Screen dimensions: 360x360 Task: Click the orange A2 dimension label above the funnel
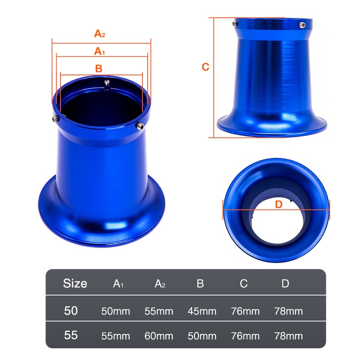coord(99,34)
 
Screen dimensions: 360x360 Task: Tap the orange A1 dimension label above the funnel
coord(99,51)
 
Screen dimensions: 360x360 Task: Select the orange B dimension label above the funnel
coord(99,68)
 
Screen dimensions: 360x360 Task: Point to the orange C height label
coord(205,67)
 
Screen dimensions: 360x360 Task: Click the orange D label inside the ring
coord(278,204)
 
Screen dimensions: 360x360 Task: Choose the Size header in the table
coord(75,283)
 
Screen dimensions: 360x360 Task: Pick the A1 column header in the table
coord(118,284)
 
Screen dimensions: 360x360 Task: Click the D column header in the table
coord(285,283)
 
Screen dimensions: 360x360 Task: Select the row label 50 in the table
coord(71,311)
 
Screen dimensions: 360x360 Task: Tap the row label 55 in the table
coord(71,336)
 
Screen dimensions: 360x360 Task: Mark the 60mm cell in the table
coord(159,336)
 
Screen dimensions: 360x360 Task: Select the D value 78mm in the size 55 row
coord(288,336)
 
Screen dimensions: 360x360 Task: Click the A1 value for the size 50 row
coord(116,311)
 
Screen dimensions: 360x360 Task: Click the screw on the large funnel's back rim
coord(107,82)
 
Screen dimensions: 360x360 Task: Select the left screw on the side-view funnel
coord(235,23)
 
